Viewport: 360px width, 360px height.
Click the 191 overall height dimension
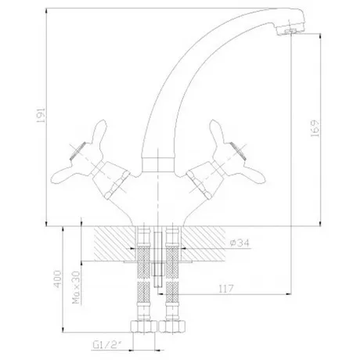click(41, 115)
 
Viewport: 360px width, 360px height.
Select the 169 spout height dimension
click(315, 128)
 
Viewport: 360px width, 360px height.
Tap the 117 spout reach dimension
click(226, 289)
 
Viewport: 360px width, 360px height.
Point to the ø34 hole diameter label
click(239, 243)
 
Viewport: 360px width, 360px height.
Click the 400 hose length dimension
click(58, 279)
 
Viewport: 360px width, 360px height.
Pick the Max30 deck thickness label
click(76, 287)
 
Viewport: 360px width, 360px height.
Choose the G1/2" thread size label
click(107, 345)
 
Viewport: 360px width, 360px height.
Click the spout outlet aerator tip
click(291, 31)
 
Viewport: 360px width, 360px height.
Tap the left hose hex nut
click(143, 326)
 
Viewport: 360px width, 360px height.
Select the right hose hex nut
click(172, 326)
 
